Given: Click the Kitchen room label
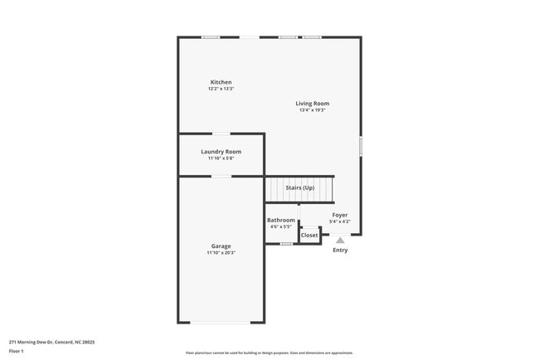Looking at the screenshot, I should point(221,82).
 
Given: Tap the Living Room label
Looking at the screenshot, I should point(313,104).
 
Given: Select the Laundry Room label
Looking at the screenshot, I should point(221,152).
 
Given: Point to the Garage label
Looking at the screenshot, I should point(221,246).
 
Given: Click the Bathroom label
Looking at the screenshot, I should point(280,221).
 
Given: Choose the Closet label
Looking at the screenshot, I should point(309,236).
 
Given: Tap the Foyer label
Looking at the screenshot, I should point(340,215).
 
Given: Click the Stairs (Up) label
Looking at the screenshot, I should point(299,188).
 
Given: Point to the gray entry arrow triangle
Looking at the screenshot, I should point(340,241).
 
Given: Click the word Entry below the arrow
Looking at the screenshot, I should point(340,251).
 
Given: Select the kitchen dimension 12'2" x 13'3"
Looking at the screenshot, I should point(221,89).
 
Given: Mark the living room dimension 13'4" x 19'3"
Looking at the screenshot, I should point(313,110).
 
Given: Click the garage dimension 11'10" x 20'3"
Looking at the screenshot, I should point(221,253).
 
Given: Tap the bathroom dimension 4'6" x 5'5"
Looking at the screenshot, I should point(280,227).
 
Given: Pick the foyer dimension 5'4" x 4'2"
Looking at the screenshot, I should point(340,221).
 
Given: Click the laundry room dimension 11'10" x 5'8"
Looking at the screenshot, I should point(221,158).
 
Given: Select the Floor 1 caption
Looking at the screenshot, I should point(17,351).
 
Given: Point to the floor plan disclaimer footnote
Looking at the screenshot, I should point(269,353).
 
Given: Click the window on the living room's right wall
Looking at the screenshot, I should point(361,145).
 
